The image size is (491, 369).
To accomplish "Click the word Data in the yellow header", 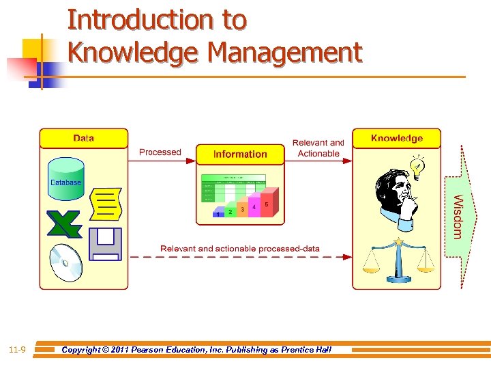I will pyautogui.click(x=83, y=138).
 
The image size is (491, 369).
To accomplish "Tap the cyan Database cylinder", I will pyautogui.click(x=65, y=178).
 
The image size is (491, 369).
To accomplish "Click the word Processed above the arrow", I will pyautogui.click(x=160, y=152).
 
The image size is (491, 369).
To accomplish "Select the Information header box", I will pyautogui.click(x=240, y=154).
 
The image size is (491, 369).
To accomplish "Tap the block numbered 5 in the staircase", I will pyautogui.click(x=266, y=204).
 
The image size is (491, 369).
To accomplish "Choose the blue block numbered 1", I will pyautogui.click(x=218, y=215).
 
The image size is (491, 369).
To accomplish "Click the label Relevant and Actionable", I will pyautogui.click(x=318, y=148).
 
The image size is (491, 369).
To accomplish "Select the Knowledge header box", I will pyautogui.click(x=396, y=138).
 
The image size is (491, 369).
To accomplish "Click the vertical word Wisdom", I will pyautogui.click(x=458, y=217).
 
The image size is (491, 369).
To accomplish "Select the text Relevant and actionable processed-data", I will pyautogui.click(x=240, y=249).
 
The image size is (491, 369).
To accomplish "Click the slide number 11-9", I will pyautogui.click(x=18, y=350).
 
